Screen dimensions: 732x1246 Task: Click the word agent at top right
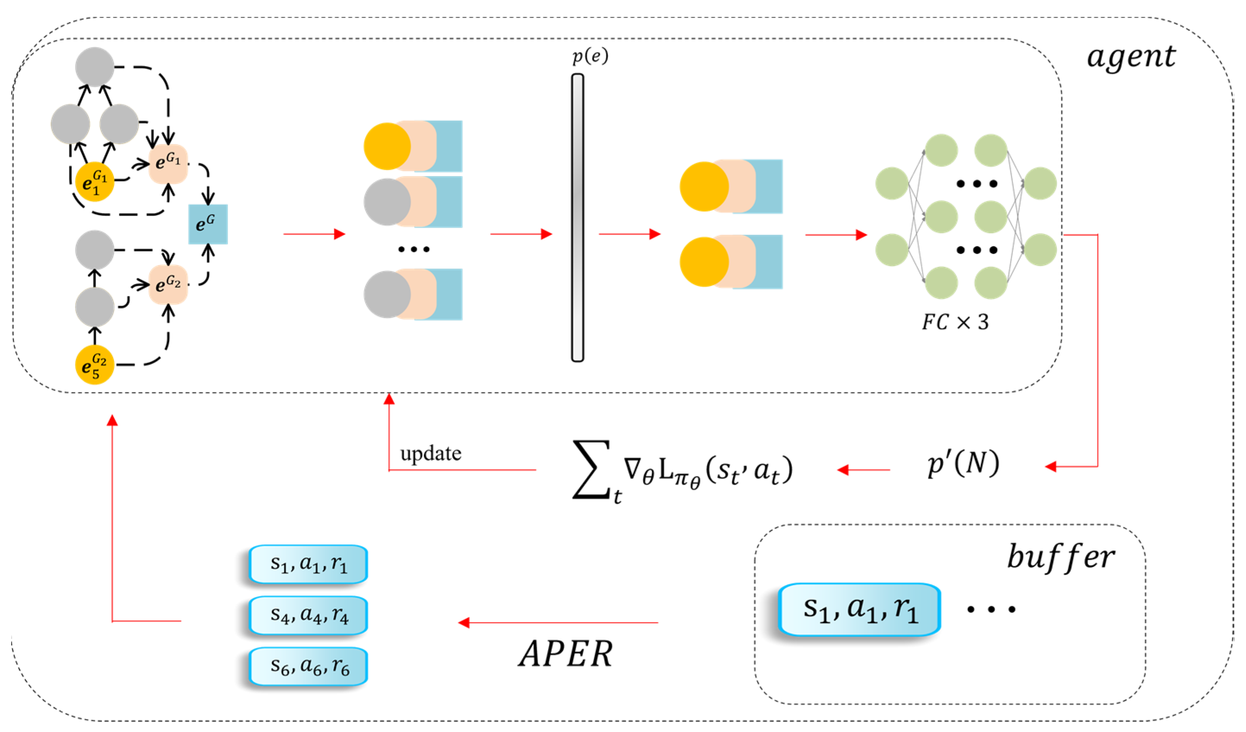pos(1130,57)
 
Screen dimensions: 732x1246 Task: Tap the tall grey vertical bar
pos(577,218)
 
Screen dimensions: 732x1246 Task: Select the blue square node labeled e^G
pos(208,224)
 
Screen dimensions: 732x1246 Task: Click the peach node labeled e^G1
pos(168,163)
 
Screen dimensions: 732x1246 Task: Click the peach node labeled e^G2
pos(168,285)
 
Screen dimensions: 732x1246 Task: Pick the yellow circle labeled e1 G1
pos(95,181)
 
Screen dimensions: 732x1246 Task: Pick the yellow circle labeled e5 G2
pos(95,364)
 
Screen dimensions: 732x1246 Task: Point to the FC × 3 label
pos(954,323)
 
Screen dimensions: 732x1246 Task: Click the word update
pos(430,453)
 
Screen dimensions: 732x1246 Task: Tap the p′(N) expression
pos(963,464)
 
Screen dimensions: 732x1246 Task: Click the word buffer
pos(1060,558)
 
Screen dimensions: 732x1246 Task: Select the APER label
pos(565,654)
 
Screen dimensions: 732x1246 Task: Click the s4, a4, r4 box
pos(309,615)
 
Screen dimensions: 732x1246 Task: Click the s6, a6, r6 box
pos(309,666)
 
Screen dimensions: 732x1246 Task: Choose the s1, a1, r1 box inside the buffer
pos(859,609)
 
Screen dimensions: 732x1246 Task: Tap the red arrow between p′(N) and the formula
pos(863,469)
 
